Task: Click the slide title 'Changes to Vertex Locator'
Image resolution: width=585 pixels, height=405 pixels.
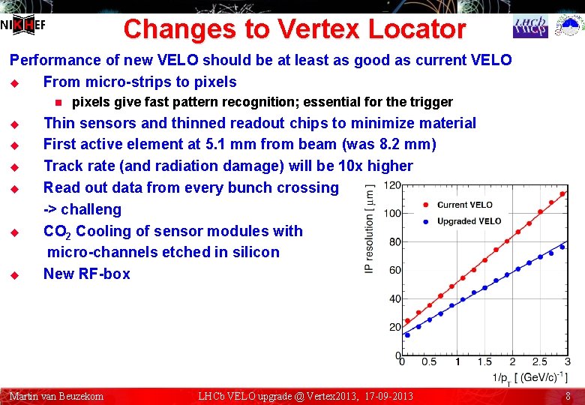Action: coord(294,29)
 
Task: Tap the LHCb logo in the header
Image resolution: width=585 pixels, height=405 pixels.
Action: coord(530,26)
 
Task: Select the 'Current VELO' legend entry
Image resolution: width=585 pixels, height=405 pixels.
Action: coord(464,205)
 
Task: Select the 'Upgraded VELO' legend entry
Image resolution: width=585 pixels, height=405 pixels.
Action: coord(468,221)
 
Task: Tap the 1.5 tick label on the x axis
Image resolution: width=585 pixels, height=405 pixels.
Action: coord(484,362)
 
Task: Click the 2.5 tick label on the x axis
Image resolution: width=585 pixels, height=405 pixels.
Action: coord(539,362)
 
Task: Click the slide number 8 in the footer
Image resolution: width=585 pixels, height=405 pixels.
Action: coord(568,396)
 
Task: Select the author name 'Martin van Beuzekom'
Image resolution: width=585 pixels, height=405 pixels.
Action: coord(56,396)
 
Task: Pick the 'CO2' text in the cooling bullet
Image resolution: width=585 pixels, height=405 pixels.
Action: coord(58,232)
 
